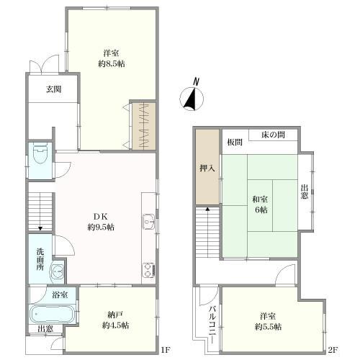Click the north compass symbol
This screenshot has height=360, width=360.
coord(192,96)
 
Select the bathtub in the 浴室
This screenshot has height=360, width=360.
coord(53,314)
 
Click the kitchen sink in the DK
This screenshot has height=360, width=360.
coord(148,222)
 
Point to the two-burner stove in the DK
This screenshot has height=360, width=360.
coord(148,270)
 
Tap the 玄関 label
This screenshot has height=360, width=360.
coord(54,89)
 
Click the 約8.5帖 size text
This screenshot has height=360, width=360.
coord(112,64)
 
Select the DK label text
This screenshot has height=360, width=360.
coord(100,217)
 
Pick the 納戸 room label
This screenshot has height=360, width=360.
coord(115,315)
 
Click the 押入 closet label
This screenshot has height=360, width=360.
coord(207,168)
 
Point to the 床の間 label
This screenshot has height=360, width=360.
coord(273,135)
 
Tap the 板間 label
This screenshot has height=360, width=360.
coord(235,143)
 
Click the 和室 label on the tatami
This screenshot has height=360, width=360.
coord(260,199)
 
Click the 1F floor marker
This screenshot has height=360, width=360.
coord(166,350)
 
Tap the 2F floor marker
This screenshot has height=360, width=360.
coord(333,350)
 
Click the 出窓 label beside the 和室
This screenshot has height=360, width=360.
coord(305,192)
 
